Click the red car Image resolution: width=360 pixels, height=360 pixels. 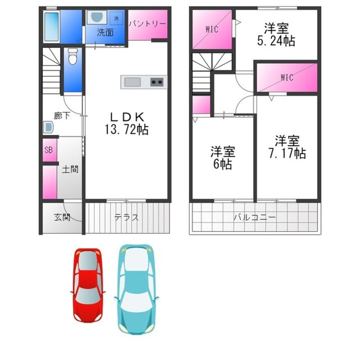88,285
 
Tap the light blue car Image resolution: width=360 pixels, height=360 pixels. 136,289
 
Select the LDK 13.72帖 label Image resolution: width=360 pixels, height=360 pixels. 126,123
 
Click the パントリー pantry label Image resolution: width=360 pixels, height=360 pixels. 147,24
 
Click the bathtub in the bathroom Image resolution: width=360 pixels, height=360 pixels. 51,26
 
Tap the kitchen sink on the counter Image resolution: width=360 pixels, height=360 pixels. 132,82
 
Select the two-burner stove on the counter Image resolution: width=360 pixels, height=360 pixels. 157,82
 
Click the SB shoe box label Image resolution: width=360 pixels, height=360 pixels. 48,150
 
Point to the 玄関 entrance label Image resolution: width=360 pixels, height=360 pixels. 62,217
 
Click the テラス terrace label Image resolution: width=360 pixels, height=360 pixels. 126,217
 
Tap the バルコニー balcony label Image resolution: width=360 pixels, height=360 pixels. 254,217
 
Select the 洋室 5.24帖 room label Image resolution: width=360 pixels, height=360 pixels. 276,34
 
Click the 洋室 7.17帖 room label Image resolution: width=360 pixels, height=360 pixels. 287,147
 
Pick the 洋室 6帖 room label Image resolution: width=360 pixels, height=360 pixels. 222,157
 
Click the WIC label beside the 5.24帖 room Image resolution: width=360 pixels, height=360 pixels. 212,29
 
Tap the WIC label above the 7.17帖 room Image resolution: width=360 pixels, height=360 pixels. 287,77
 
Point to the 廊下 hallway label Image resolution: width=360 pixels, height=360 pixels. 62,115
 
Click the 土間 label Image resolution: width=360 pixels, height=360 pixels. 70,169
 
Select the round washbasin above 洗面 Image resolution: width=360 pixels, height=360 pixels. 96,16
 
